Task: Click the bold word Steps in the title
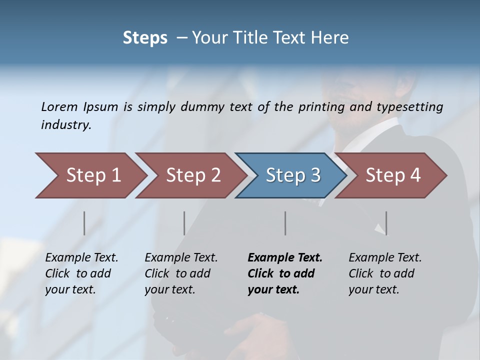coord(145,38)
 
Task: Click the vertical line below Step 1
coord(84,223)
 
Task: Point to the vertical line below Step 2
coord(184,223)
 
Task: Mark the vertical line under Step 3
coord(285,223)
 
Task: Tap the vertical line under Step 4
coord(386,223)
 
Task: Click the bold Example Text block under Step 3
coord(285,273)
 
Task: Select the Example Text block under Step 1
coord(81,273)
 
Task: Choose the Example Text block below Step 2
coord(181,273)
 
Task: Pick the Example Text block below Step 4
coord(385,273)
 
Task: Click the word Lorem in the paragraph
coord(59,107)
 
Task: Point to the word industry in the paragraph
coord(66,125)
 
